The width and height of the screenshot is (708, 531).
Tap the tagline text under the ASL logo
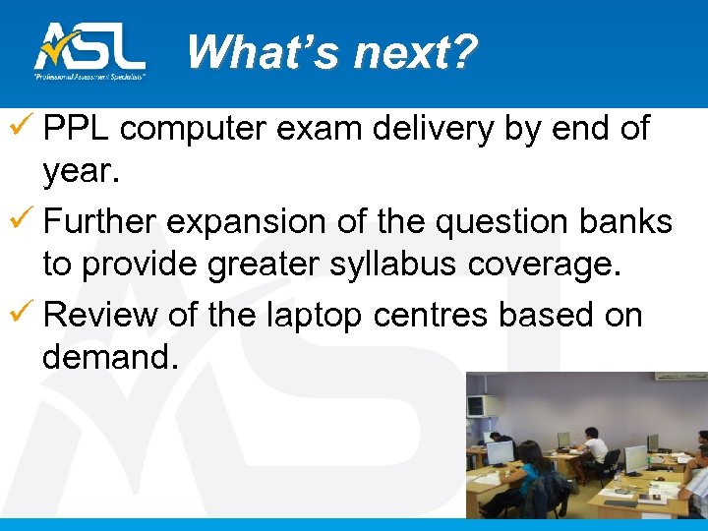(x=89, y=76)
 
